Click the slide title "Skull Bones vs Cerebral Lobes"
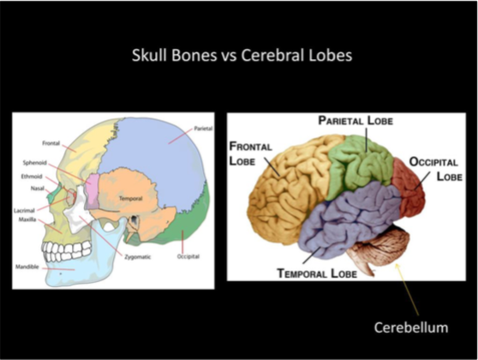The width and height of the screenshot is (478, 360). coord(242,56)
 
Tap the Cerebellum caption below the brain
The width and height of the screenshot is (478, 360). coord(411,327)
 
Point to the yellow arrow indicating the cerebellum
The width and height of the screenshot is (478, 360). coord(407,289)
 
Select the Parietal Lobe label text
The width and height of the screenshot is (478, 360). coord(356,121)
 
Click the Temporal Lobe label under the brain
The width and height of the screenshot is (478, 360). coord(317,273)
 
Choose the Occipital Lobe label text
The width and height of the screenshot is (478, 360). coord(436,169)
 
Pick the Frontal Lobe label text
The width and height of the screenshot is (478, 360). coord(250,153)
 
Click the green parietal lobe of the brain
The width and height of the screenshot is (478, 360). coord(361,163)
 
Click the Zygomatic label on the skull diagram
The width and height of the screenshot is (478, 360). coord(137,257)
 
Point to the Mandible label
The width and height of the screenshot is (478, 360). coord(27,267)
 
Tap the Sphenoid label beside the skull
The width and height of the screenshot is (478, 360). coord(35,163)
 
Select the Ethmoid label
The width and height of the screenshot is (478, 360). coord(32,177)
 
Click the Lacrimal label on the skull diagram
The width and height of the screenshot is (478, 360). coord(24,210)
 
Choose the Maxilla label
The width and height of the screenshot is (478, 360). coord(27,219)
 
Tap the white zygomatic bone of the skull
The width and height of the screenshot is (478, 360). coord(78,211)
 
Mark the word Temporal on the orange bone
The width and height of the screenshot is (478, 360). coord(130,199)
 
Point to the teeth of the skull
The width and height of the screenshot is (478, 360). coord(67,250)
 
